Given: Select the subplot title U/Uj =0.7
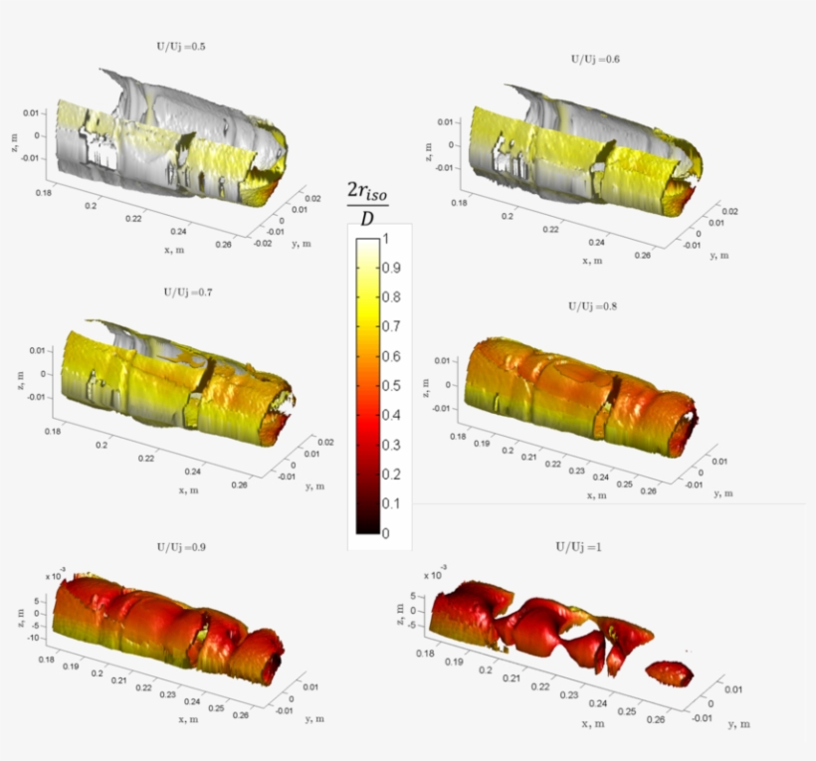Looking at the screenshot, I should [187, 293].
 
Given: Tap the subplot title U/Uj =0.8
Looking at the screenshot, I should [592, 307].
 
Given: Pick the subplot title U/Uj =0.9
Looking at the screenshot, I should [181, 548].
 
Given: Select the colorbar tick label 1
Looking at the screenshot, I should [387, 238].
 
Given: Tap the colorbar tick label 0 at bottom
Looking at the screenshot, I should [387, 534].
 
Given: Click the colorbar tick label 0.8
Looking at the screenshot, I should [392, 296].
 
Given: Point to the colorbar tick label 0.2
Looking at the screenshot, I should [392, 475].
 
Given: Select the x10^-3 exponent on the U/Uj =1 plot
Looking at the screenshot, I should [434, 576].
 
